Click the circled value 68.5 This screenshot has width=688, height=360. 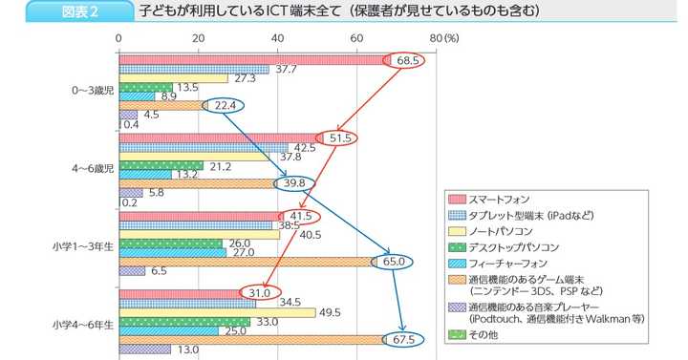pos(409,60)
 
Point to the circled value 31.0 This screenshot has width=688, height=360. pos(261,292)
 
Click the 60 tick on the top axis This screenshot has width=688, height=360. pos(356,37)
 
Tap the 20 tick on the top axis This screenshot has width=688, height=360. pos(198,37)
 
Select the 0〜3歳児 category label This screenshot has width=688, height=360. pos(93,90)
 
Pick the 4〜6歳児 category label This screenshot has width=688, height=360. pos(93,168)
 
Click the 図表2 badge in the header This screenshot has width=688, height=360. pos(81,11)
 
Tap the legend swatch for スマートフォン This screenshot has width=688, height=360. pos(456,198)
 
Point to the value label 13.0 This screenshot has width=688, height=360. pos(187,349)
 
